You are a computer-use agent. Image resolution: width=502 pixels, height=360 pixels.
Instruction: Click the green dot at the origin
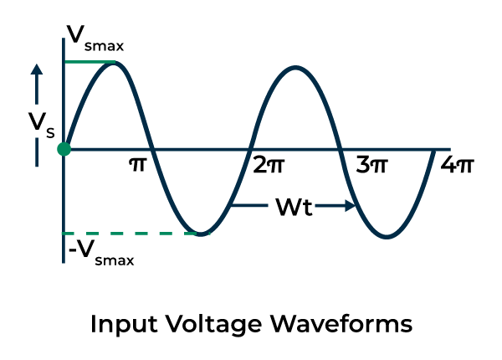tap(64, 149)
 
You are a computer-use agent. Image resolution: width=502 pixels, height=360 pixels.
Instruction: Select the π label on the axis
tap(137, 164)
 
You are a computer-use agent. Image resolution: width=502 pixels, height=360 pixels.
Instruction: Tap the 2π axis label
tap(268, 165)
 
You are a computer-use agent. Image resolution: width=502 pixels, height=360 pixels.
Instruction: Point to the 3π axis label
tap(372, 165)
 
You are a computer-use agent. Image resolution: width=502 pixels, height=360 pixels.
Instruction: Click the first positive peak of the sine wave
tap(117, 63)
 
